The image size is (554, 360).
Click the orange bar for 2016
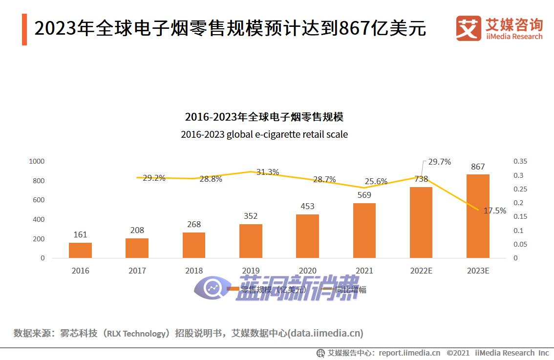pyautogui.click(x=80, y=250)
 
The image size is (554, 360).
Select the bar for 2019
pyautogui.click(x=251, y=241)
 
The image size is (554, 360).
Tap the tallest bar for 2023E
pyautogui.click(x=478, y=216)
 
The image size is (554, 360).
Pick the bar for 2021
pyautogui.click(x=364, y=230)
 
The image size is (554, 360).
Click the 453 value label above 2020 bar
pyautogui.click(x=307, y=206)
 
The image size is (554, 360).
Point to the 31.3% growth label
pyautogui.click(x=267, y=172)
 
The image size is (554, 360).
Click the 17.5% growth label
pyautogui.click(x=495, y=211)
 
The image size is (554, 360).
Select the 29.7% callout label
pyautogui.click(x=439, y=162)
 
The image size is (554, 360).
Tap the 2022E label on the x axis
pyautogui.click(x=421, y=271)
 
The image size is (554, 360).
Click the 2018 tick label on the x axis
pyautogui.click(x=193, y=271)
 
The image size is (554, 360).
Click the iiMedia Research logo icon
pyautogui.click(x=468, y=28)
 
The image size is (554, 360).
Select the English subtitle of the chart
pyautogui.click(x=264, y=134)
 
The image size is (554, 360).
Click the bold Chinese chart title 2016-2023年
pyautogui.click(x=264, y=117)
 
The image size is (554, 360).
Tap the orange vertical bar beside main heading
pyautogui.click(x=24, y=29)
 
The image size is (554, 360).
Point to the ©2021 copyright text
pyautogui.click(x=458, y=353)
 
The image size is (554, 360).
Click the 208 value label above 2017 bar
pyautogui.click(x=137, y=230)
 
